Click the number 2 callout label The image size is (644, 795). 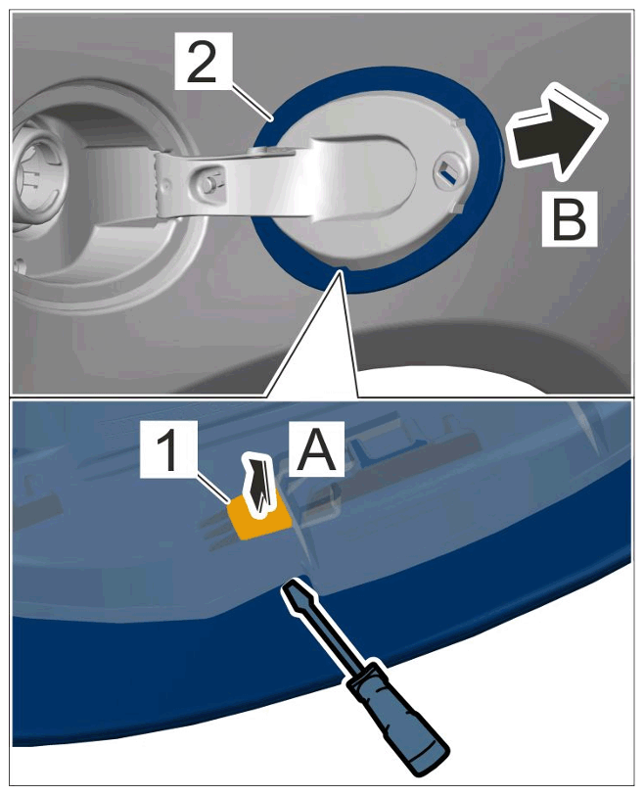(x=202, y=62)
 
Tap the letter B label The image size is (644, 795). (x=570, y=219)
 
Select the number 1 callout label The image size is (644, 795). (x=168, y=448)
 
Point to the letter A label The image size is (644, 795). (x=316, y=448)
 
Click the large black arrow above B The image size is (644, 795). (x=556, y=131)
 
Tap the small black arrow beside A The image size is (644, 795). (x=259, y=487)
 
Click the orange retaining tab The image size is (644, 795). (x=258, y=517)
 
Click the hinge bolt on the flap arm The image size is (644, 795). (x=207, y=184)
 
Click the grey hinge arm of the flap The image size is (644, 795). (x=243, y=177)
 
